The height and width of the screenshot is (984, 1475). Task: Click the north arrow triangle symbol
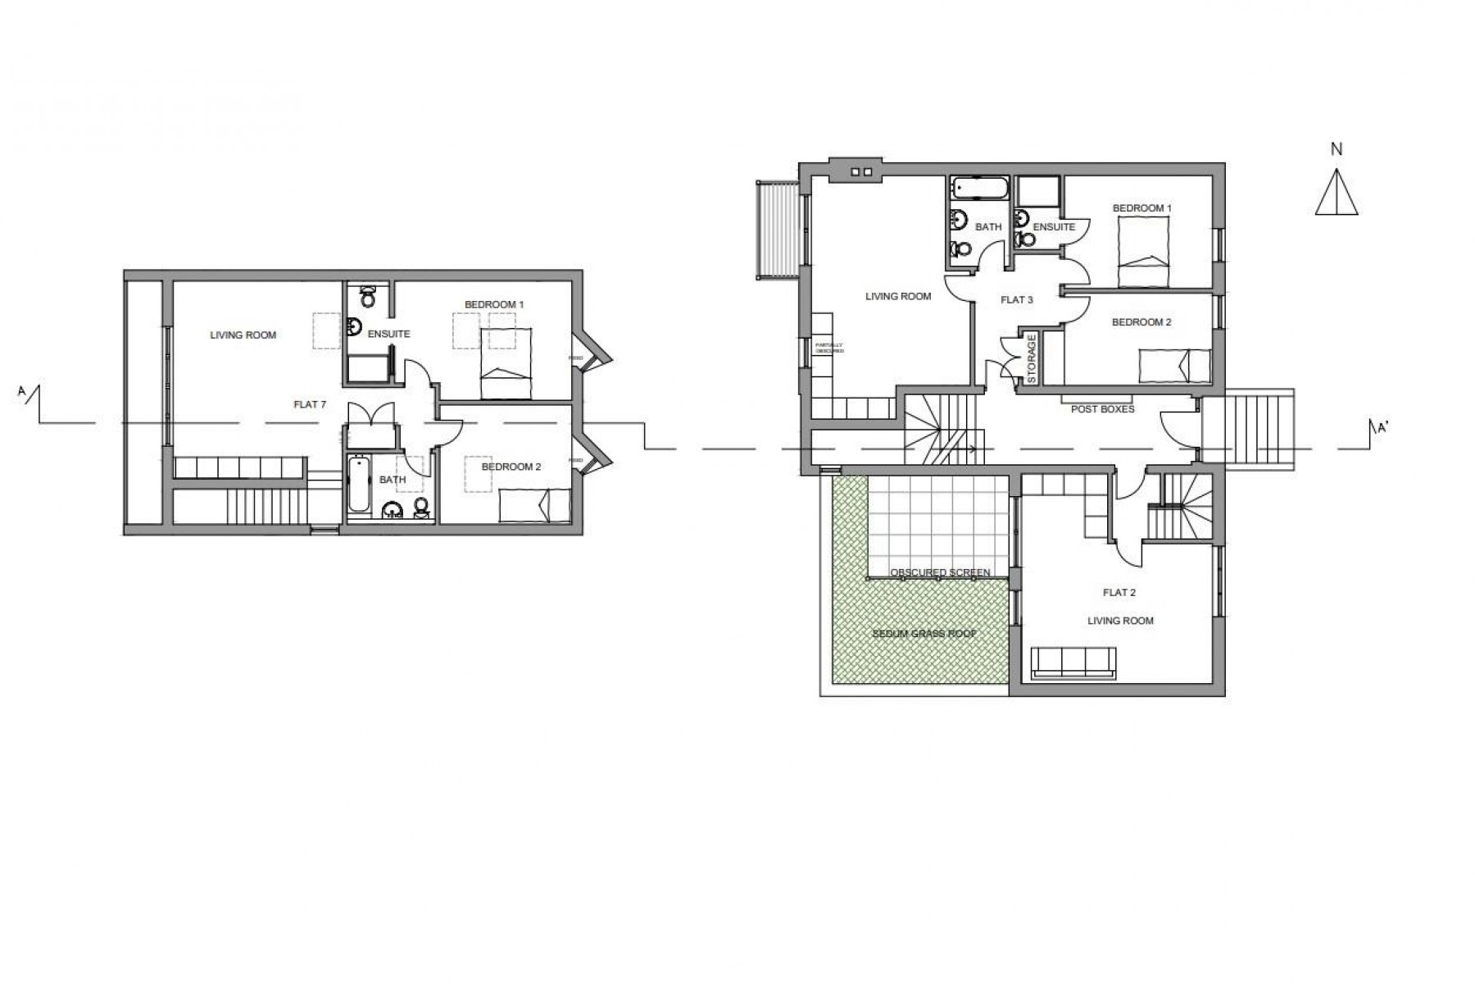point(1337,194)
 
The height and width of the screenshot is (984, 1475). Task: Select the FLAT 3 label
point(1017,300)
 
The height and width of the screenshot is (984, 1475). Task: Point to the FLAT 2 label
point(1119,592)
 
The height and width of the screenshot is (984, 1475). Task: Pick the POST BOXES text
point(1102,408)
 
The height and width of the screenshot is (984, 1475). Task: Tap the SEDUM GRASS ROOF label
point(924,634)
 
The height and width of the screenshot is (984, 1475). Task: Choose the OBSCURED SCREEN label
point(941,572)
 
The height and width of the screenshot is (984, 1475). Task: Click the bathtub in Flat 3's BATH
point(980,189)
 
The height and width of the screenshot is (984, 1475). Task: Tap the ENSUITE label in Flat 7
point(388,335)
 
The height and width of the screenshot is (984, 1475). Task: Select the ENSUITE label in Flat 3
point(1054,227)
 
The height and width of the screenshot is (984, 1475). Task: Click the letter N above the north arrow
point(1337,149)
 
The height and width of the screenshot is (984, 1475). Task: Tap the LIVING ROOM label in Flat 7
point(243,335)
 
